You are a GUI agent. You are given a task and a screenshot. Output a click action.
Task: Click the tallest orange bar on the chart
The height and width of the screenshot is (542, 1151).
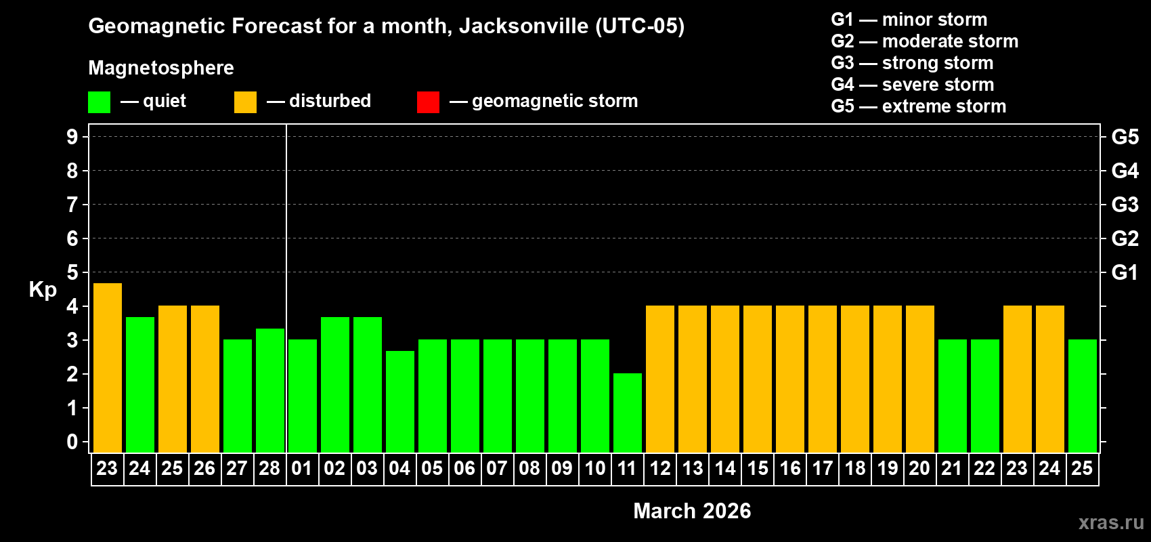tap(107, 367)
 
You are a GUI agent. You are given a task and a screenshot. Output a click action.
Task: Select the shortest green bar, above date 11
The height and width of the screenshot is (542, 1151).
tap(628, 413)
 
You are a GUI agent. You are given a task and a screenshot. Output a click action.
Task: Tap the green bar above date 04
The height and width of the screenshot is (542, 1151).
tap(399, 401)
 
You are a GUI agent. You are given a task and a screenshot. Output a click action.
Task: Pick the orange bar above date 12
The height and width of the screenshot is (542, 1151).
tap(660, 379)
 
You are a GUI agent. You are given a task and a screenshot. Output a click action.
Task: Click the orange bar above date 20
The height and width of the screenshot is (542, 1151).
tap(920, 379)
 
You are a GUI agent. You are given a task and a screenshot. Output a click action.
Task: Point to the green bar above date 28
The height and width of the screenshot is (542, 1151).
tap(269, 390)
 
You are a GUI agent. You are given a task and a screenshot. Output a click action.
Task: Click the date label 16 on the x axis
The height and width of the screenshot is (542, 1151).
tap(790, 469)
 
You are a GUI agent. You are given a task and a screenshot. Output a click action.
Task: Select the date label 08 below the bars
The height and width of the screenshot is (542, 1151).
tap(529, 469)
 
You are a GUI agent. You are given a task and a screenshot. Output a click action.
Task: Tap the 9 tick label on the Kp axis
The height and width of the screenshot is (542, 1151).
tap(72, 137)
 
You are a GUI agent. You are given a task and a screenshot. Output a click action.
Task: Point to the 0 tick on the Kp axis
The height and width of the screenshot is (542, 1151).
tap(72, 442)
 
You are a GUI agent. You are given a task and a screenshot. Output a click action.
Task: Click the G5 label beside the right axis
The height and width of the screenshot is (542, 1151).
tap(1125, 137)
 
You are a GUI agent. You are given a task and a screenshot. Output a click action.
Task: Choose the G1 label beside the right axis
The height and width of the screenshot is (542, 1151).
tap(1125, 272)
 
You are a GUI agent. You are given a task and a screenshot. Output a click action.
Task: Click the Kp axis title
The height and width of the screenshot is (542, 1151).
tap(43, 290)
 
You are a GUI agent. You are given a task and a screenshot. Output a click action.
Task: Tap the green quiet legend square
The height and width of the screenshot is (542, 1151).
tap(100, 102)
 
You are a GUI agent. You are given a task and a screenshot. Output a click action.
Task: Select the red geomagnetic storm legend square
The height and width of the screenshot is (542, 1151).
tap(428, 102)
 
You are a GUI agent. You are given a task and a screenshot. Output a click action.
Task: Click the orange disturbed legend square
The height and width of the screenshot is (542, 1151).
tap(245, 102)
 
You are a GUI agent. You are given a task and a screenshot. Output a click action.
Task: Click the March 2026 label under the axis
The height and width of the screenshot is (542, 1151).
tap(692, 511)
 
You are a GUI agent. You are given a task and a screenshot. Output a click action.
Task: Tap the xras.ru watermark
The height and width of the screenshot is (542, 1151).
tap(1111, 522)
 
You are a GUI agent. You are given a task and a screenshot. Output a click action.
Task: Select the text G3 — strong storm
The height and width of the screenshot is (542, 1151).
tap(912, 63)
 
